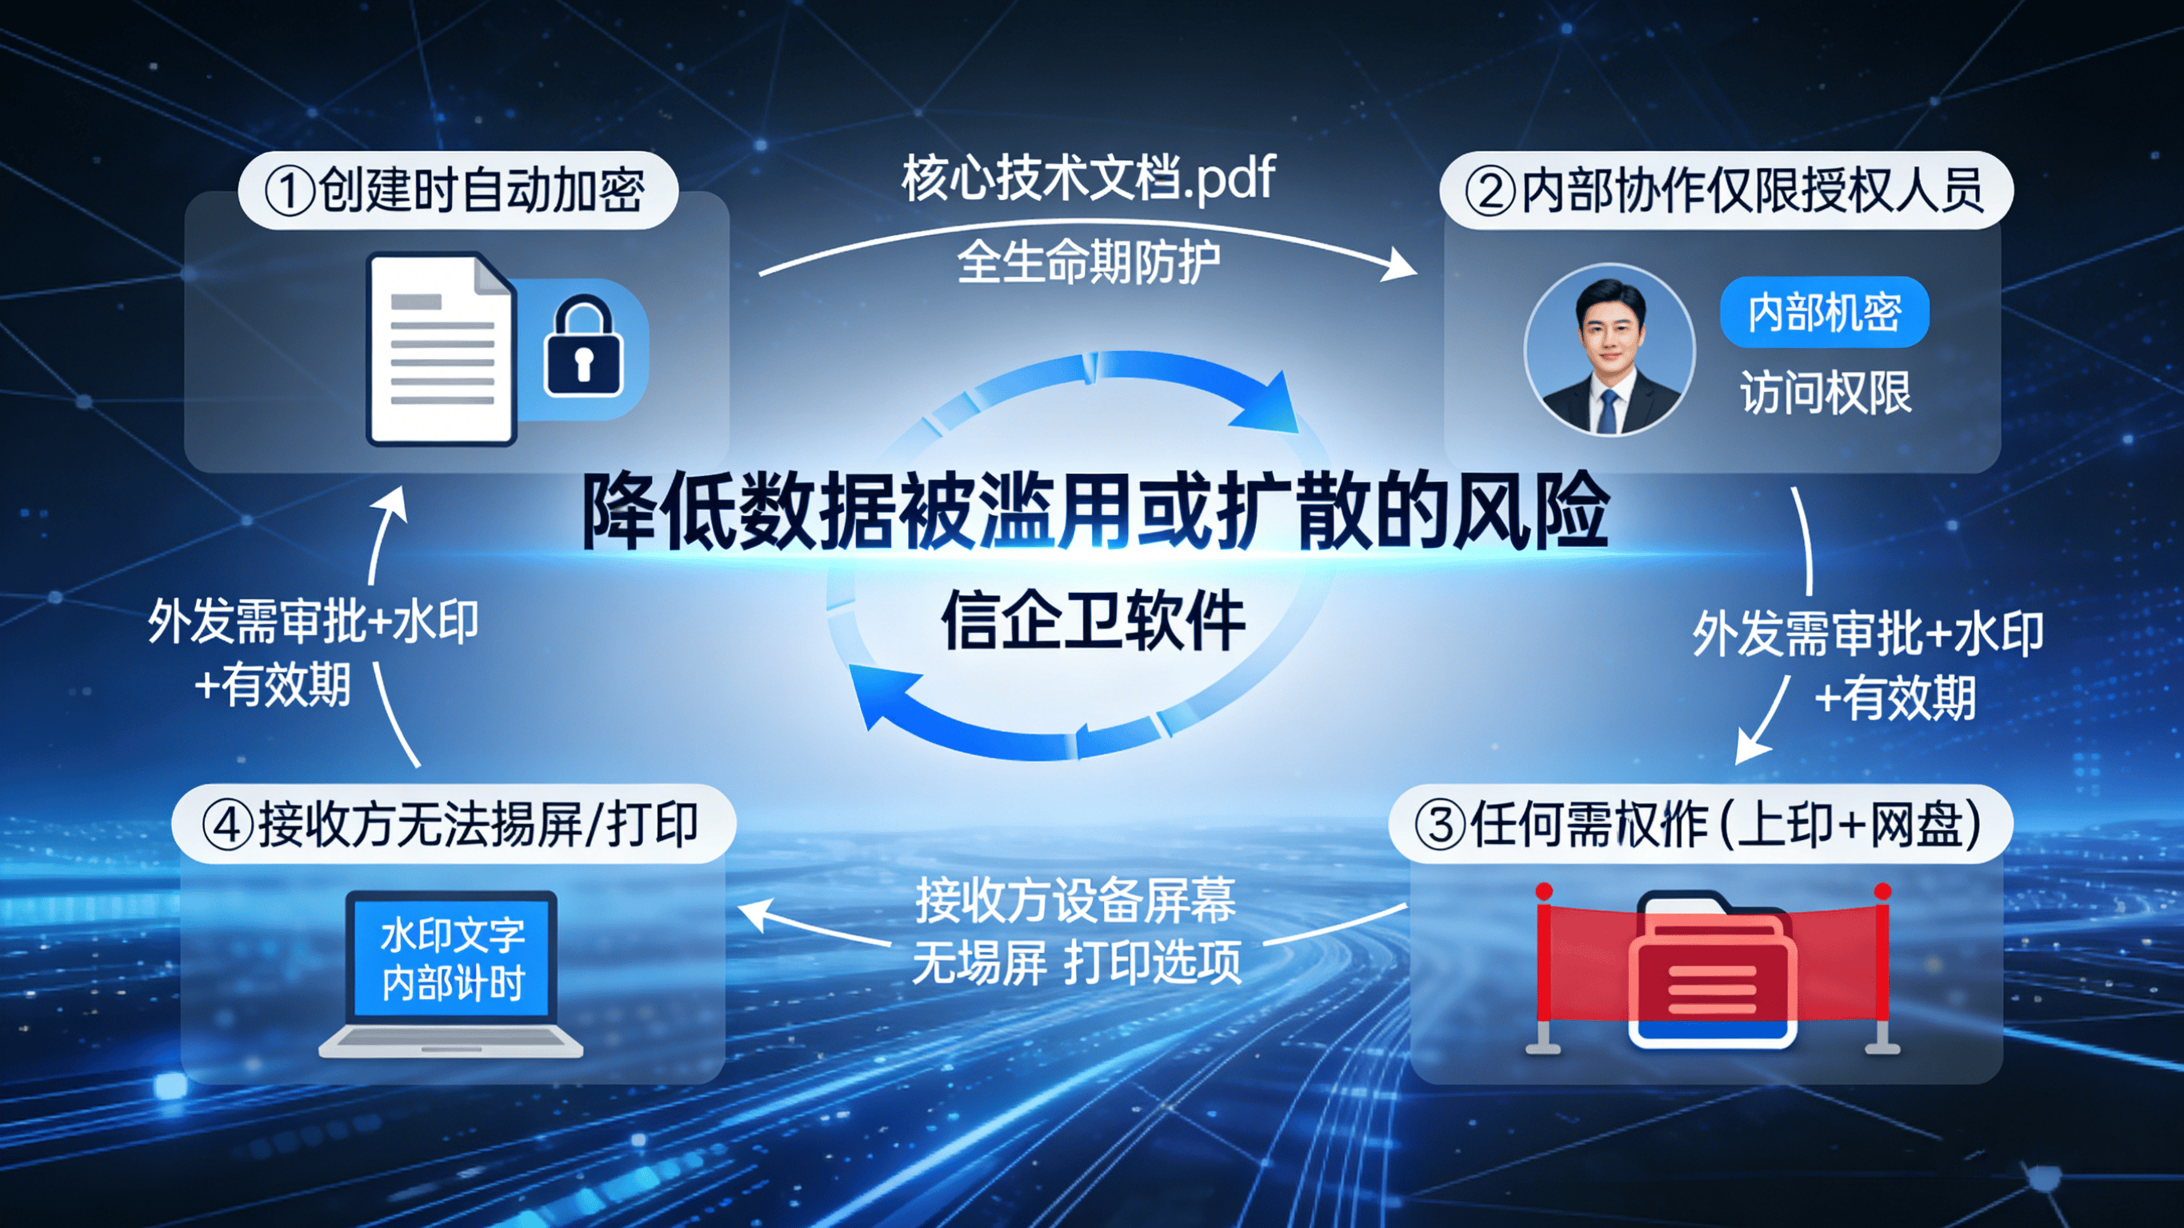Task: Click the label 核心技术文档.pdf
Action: tap(1089, 178)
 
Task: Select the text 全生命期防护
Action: tap(1089, 262)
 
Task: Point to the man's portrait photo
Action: tap(1609, 350)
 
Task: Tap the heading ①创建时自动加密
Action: tap(458, 190)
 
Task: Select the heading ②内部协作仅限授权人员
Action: tap(1726, 190)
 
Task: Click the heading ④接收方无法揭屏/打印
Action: tap(453, 824)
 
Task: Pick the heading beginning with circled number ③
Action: tap(1699, 824)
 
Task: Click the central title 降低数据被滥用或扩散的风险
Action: tap(1094, 512)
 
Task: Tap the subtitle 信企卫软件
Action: tap(1094, 621)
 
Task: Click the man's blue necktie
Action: tap(1607, 410)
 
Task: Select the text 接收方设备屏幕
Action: tap(1075, 901)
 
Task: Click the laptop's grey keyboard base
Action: tap(451, 1042)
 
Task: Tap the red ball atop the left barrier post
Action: tap(1544, 891)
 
